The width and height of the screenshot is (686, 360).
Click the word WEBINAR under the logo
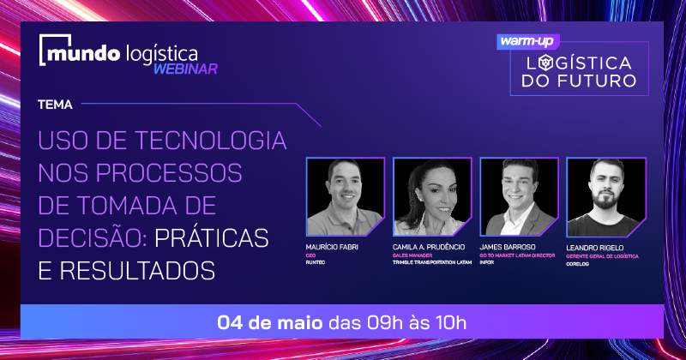(x=185, y=69)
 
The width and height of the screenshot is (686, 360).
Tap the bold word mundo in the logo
(x=83, y=53)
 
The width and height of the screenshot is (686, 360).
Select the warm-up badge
(x=528, y=41)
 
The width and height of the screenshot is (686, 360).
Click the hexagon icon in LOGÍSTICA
(x=545, y=63)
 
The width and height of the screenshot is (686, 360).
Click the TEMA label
(x=55, y=105)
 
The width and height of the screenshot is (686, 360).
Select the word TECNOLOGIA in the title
(x=210, y=141)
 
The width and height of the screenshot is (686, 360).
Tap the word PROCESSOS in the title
(x=169, y=173)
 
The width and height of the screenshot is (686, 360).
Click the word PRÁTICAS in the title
(x=211, y=237)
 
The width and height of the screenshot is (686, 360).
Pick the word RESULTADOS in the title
(x=137, y=270)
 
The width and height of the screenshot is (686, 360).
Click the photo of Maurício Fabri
(x=346, y=197)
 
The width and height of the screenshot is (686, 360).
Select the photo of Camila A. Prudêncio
(x=432, y=197)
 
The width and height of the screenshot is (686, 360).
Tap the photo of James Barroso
(x=519, y=197)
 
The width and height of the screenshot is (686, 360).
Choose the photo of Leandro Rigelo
(x=606, y=197)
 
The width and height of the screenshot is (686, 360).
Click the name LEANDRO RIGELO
(x=594, y=248)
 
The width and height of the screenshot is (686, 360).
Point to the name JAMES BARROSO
(x=508, y=247)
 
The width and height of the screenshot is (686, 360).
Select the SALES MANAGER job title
(x=412, y=255)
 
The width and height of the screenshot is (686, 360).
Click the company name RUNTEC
(x=315, y=262)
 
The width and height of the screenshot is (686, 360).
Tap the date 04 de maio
(x=270, y=323)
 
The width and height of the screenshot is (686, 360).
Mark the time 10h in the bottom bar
(x=451, y=323)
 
